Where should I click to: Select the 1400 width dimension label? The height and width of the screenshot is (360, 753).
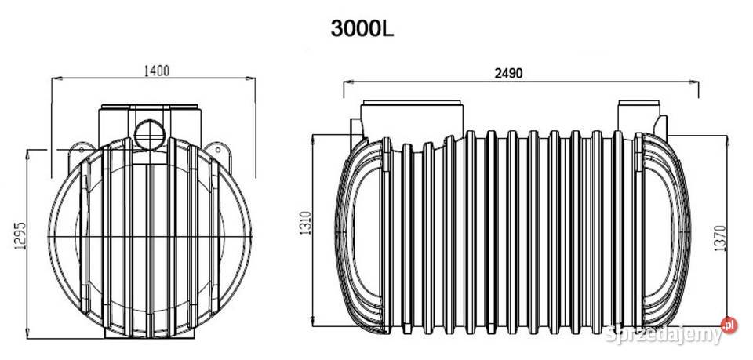tap(157, 71)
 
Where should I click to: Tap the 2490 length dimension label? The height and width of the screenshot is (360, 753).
tap(508, 73)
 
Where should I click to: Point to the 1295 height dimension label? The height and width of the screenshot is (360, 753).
tap(22, 235)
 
